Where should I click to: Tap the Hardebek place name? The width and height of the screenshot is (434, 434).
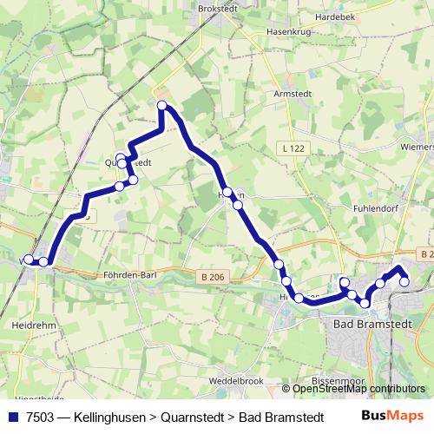(x=338, y=16)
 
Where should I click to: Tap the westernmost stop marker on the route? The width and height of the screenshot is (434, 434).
(x=29, y=259)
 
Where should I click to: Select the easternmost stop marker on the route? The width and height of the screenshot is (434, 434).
(x=404, y=281)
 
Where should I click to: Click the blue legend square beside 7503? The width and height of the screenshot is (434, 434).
(x=12, y=416)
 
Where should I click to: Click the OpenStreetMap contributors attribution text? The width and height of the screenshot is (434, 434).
(x=358, y=389)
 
